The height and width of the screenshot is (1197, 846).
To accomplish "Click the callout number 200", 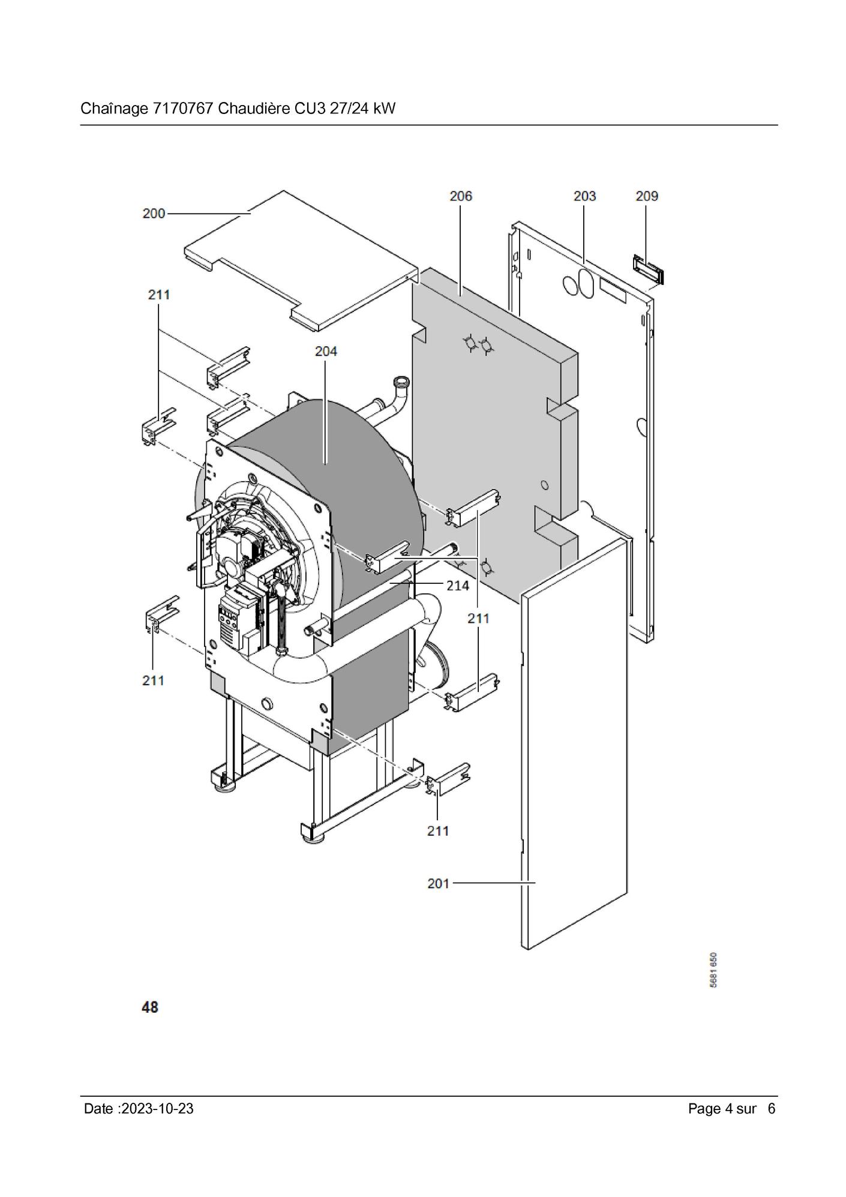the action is [154, 214].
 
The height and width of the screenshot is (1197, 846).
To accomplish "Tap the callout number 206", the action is [461, 196].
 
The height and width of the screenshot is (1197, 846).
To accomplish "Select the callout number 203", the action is [585, 196].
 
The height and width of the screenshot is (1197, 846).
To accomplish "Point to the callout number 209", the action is [647, 196].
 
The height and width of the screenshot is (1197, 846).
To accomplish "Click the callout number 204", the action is [326, 351].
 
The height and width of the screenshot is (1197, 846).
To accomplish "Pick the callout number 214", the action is [458, 585].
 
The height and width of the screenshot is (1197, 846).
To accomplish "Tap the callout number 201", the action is [439, 883].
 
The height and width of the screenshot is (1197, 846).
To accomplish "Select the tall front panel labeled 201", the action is [574, 744].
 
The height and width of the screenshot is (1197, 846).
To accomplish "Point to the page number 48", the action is [150, 1007].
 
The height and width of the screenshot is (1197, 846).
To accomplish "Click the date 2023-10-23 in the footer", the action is [157, 1108].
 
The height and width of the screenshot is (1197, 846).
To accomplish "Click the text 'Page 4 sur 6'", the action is [732, 1108].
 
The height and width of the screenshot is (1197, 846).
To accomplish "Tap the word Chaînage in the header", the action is [114, 109].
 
